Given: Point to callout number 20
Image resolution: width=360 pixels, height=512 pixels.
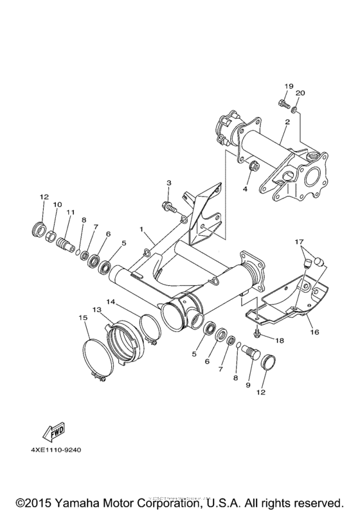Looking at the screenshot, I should tap(300, 93).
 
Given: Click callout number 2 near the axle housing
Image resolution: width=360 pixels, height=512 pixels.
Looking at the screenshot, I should tap(287, 121).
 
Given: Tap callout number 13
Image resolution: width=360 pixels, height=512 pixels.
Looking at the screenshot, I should tap(98, 309).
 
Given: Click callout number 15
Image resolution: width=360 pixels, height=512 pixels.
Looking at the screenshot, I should tap(83, 317).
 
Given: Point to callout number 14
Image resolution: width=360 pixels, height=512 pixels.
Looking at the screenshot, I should tap(111, 301).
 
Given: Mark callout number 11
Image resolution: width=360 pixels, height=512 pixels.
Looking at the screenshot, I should tap(70, 212).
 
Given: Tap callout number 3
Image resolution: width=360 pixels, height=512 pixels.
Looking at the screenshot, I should tap(168, 183).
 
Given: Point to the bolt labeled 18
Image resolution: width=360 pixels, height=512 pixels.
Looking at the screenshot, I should tap(258, 332).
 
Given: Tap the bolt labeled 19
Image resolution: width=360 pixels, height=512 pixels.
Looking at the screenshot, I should tap(283, 102).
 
